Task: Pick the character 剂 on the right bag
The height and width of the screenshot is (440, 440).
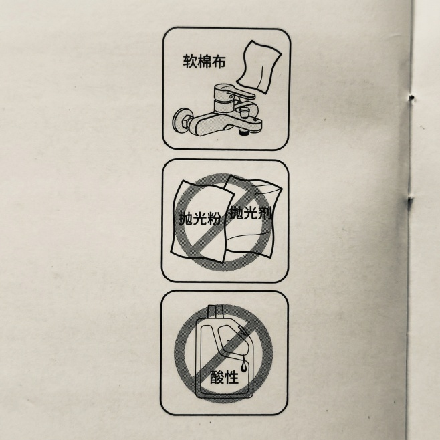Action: pyautogui.click(x=267, y=214)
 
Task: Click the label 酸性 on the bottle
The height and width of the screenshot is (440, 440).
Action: pyautogui.click(x=224, y=378)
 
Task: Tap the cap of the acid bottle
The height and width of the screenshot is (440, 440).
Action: pyautogui.click(x=215, y=311)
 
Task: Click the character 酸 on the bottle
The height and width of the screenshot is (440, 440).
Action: pyautogui.click(x=217, y=378)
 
